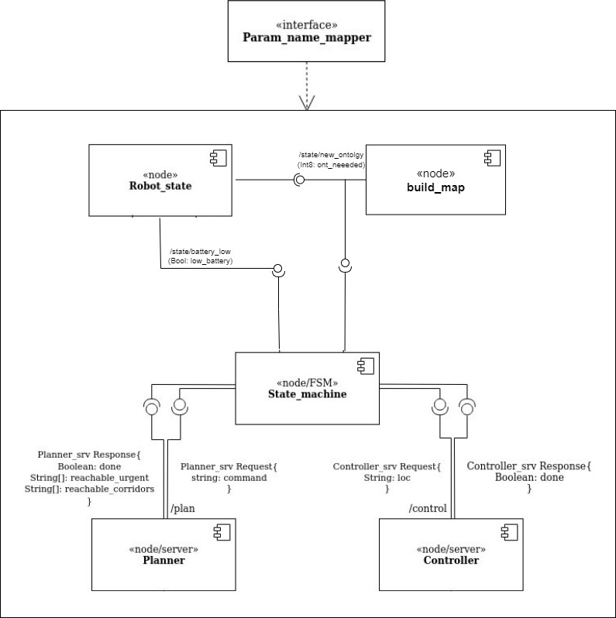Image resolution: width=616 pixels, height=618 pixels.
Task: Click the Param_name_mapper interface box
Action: pyautogui.click(x=307, y=31)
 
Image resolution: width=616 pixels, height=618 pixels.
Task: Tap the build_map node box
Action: pyautogui.click(x=435, y=179)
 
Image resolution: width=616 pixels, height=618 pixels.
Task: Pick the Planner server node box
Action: pyautogui.click(x=163, y=554)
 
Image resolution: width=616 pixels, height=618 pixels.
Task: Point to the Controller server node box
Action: pyautogui.click(x=450, y=554)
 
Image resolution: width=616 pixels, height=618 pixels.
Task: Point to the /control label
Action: pyautogui.click(x=428, y=509)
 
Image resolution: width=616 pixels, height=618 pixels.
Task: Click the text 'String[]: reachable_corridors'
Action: pyautogui.click(x=89, y=489)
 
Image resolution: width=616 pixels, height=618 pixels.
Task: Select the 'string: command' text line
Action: pyautogui.click(x=229, y=478)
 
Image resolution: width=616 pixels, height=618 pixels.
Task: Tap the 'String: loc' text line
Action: pyautogui.click(x=387, y=478)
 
